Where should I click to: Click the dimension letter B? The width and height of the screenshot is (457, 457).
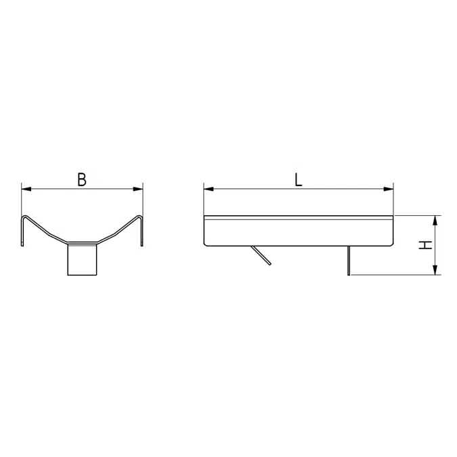(82, 179)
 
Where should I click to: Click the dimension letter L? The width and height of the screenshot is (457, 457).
(298, 179)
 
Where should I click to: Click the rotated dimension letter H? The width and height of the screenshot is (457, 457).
(425, 245)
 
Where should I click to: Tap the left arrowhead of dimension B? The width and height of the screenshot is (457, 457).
(26, 189)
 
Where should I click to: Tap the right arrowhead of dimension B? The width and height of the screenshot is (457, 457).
(138, 189)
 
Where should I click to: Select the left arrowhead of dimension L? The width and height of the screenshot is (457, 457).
(209, 189)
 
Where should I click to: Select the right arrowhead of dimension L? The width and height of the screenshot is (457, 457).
(389, 189)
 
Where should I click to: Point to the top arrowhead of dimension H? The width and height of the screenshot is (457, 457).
(435, 221)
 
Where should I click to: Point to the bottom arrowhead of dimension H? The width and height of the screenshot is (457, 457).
(435, 270)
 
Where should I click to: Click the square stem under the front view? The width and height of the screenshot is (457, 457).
(82, 259)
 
